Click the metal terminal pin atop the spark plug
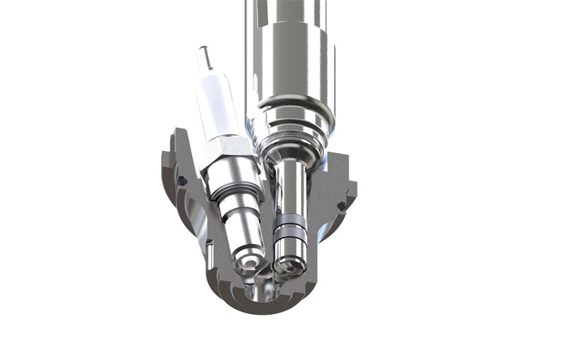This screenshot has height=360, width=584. pos(205,56)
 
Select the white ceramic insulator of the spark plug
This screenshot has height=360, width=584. pos(213,106)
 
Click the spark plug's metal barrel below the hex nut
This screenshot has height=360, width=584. pos(238,212)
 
